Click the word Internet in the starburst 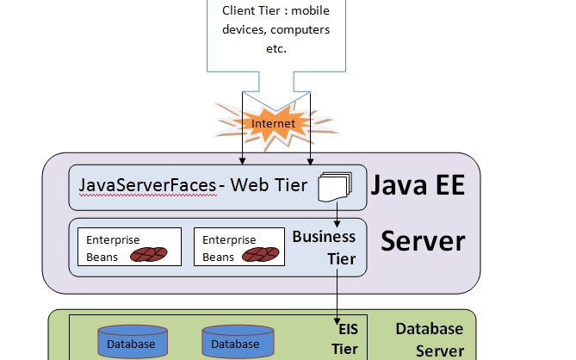click(x=273, y=124)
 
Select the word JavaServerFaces click(x=146, y=184)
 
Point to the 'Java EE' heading click(x=418, y=184)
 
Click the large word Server click(x=423, y=239)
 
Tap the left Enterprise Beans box click(x=129, y=246)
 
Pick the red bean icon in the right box click(x=259, y=255)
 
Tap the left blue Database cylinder click(x=132, y=342)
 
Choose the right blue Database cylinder click(x=235, y=342)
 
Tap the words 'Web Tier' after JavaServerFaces click(x=276, y=184)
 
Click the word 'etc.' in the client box click(x=276, y=48)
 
